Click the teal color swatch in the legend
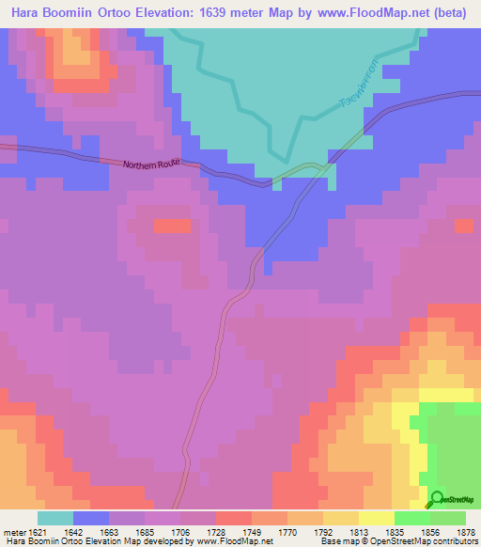coord(55,518)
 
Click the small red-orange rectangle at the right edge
coord(463,226)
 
